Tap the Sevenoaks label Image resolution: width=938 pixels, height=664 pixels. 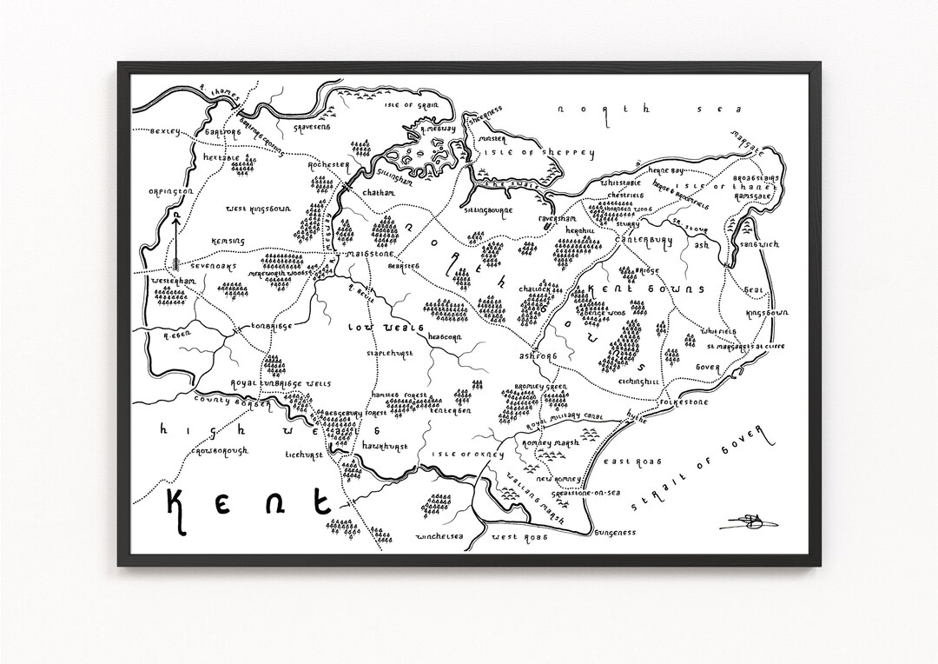[x=215, y=267]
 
